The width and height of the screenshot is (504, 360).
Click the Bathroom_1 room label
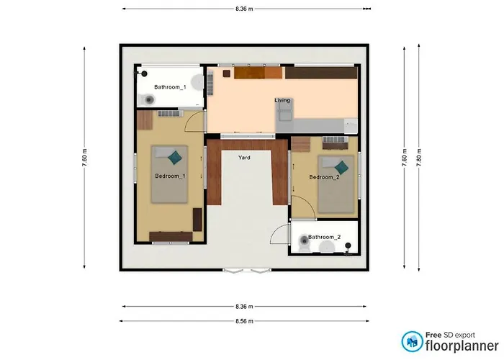coord(170,87)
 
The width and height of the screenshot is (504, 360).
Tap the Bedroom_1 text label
coord(170,176)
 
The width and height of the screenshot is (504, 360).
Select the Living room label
coord(282,100)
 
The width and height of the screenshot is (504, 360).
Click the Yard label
coord(244,158)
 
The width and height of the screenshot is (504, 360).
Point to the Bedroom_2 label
coord(324,177)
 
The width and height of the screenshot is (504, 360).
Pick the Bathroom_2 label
coord(324,237)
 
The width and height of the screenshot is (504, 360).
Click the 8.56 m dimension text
coord(244,321)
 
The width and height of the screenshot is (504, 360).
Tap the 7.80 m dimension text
coord(419,158)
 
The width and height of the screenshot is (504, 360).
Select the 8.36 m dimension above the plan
coord(244,9)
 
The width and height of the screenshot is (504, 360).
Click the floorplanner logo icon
coord(412,341)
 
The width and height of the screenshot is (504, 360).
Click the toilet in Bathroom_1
coord(149,100)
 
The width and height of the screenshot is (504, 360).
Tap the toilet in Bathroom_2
coord(304,243)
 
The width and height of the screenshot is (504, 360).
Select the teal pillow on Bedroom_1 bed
coord(175,158)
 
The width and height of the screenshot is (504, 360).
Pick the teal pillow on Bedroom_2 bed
coord(341,168)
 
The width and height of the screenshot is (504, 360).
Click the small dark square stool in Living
coord(227,73)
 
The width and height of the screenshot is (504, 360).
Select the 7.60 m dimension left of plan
coord(84,158)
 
